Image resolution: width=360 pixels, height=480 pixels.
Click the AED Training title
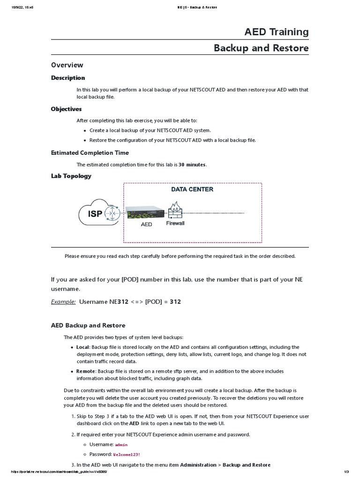click(276, 32)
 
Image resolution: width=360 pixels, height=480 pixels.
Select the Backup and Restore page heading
click(261, 48)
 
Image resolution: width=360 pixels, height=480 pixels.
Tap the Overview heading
click(67, 65)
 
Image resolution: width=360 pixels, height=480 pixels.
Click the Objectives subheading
click(66, 109)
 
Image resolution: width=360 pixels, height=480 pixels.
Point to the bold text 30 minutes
click(192, 165)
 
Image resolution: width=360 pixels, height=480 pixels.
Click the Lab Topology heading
click(71, 176)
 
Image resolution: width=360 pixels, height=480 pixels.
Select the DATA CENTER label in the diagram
click(192, 189)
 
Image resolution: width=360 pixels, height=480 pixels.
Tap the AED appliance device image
click(145, 213)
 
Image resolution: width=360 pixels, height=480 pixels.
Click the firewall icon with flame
click(175, 211)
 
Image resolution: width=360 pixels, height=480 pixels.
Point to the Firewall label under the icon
click(175, 224)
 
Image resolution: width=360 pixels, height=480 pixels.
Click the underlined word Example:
click(63, 302)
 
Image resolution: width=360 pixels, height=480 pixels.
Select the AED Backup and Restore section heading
click(88, 325)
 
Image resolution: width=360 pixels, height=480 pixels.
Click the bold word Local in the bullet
click(83, 347)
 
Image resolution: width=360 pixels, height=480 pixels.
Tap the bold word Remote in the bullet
click(86, 371)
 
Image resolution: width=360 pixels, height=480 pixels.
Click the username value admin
click(121, 444)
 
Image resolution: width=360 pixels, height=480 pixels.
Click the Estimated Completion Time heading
click(90, 153)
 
